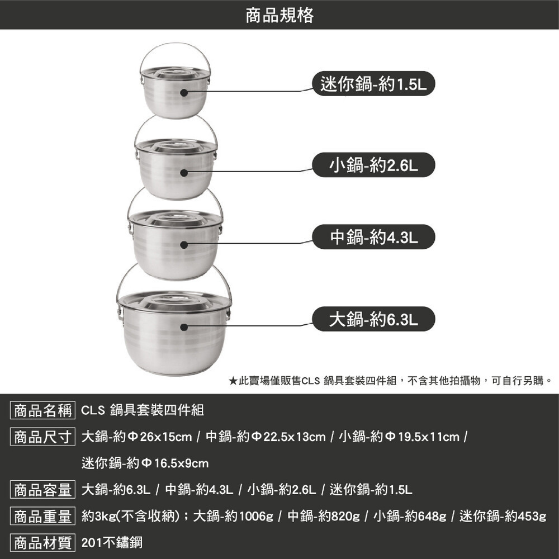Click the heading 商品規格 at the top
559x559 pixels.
pyautogui.click(x=279, y=15)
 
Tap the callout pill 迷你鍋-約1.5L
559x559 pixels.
pyautogui.click(x=373, y=84)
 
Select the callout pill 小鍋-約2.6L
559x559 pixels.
pyautogui.click(x=373, y=165)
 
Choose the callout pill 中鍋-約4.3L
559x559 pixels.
pyautogui.click(x=373, y=236)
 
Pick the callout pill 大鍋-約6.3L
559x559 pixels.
pyautogui.click(x=373, y=319)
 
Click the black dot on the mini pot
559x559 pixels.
pyautogui.click(x=184, y=93)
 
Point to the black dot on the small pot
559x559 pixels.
pyautogui.click(x=184, y=173)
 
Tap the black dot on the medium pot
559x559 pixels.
pyautogui.click(x=184, y=245)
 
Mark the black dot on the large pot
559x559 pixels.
pyautogui.click(x=184, y=327)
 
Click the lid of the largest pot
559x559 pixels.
pyautogui.click(x=174, y=302)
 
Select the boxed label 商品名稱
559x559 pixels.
pyautogui.click(x=43, y=410)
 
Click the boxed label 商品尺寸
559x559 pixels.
pyautogui.click(x=43, y=437)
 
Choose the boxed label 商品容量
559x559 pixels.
pyautogui.click(x=43, y=490)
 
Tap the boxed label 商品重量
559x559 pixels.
pyautogui.click(x=43, y=516)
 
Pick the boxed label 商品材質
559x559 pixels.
pyautogui.click(x=43, y=543)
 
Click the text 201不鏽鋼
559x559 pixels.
pyautogui.click(x=112, y=543)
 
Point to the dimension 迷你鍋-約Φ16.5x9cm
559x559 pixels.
pyautogui.click(x=145, y=463)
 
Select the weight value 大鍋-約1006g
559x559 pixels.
pyautogui.click(x=233, y=516)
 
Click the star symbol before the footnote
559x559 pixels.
pyautogui.click(x=233, y=381)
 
